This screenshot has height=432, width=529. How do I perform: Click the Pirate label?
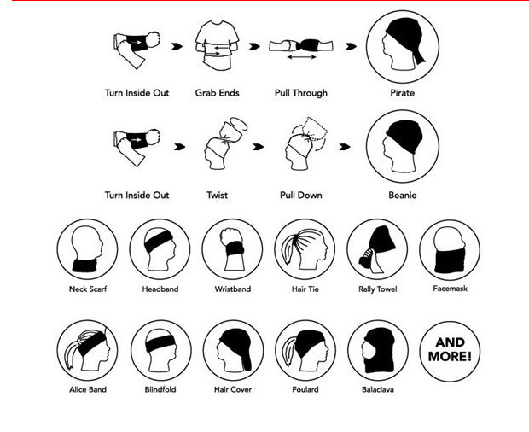pos(402,93)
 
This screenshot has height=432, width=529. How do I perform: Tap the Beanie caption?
pos(403,195)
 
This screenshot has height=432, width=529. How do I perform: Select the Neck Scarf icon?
pos(87,249)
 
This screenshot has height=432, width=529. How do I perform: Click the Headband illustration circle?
pos(160,249)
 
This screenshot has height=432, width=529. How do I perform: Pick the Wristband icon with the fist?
pos(232,249)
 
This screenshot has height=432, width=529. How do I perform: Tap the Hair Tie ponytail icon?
pos(305,249)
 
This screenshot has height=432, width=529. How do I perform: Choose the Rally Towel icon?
pos(377,249)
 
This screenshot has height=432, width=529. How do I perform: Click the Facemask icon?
pos(450,249)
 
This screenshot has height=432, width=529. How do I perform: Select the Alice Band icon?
pos(87,350)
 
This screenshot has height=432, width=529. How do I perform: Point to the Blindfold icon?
pos(161,350)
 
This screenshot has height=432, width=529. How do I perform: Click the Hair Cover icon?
pos(233,350)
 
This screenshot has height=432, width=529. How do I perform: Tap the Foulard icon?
pos(305,350)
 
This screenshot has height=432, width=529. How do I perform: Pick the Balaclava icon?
pos(378,350)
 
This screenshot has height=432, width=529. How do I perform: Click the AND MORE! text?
pos(450,350)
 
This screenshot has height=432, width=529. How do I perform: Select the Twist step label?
pos(218,195)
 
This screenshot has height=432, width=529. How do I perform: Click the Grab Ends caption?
pos(218,93)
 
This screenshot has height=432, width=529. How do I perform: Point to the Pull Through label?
pos(301,93)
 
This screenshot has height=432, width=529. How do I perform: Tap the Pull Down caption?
pos(301,195)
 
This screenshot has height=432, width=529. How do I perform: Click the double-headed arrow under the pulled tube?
pos(301,57)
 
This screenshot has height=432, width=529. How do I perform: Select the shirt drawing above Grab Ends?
pos(218,45)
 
